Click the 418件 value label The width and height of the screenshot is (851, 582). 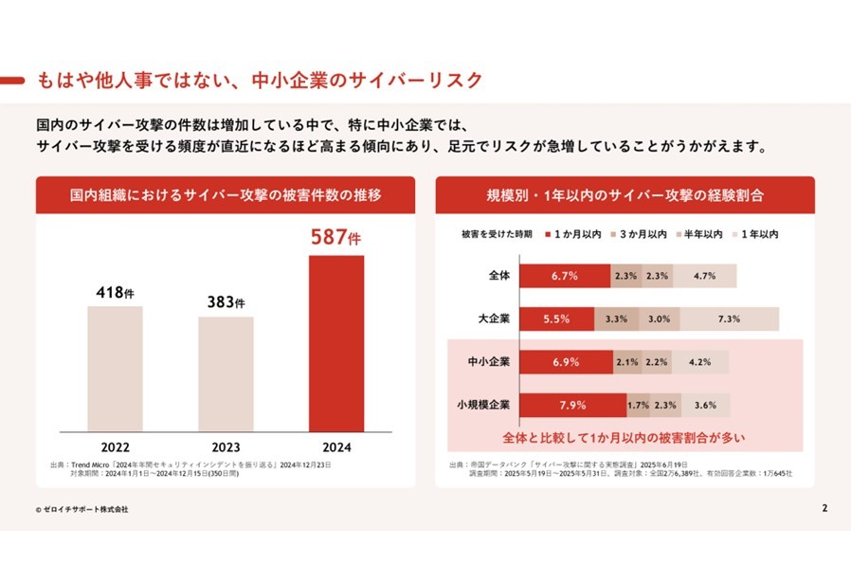click(x=115, y=293)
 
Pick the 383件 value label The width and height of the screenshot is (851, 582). click(x=226, y=303)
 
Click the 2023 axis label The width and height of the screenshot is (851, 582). click(x=226, y=445)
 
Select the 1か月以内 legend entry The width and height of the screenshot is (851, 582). click(x=572, y=233)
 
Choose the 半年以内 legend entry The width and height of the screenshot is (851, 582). click(x=699, y=233)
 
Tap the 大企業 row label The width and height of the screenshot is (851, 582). click(x=494, y=318)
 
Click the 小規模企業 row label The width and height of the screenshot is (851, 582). click(x=483, y=404)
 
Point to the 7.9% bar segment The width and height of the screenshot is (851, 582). click(x=572, y=405)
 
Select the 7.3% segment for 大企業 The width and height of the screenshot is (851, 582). click(x=729, y=319)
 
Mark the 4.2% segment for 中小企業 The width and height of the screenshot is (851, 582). click(x=700, y=362)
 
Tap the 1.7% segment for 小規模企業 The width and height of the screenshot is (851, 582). click(x=638, y=405)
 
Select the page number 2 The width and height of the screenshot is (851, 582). click(x=824, y=508)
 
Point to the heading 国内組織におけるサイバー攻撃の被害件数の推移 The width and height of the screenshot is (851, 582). click(x=226, y=195)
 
